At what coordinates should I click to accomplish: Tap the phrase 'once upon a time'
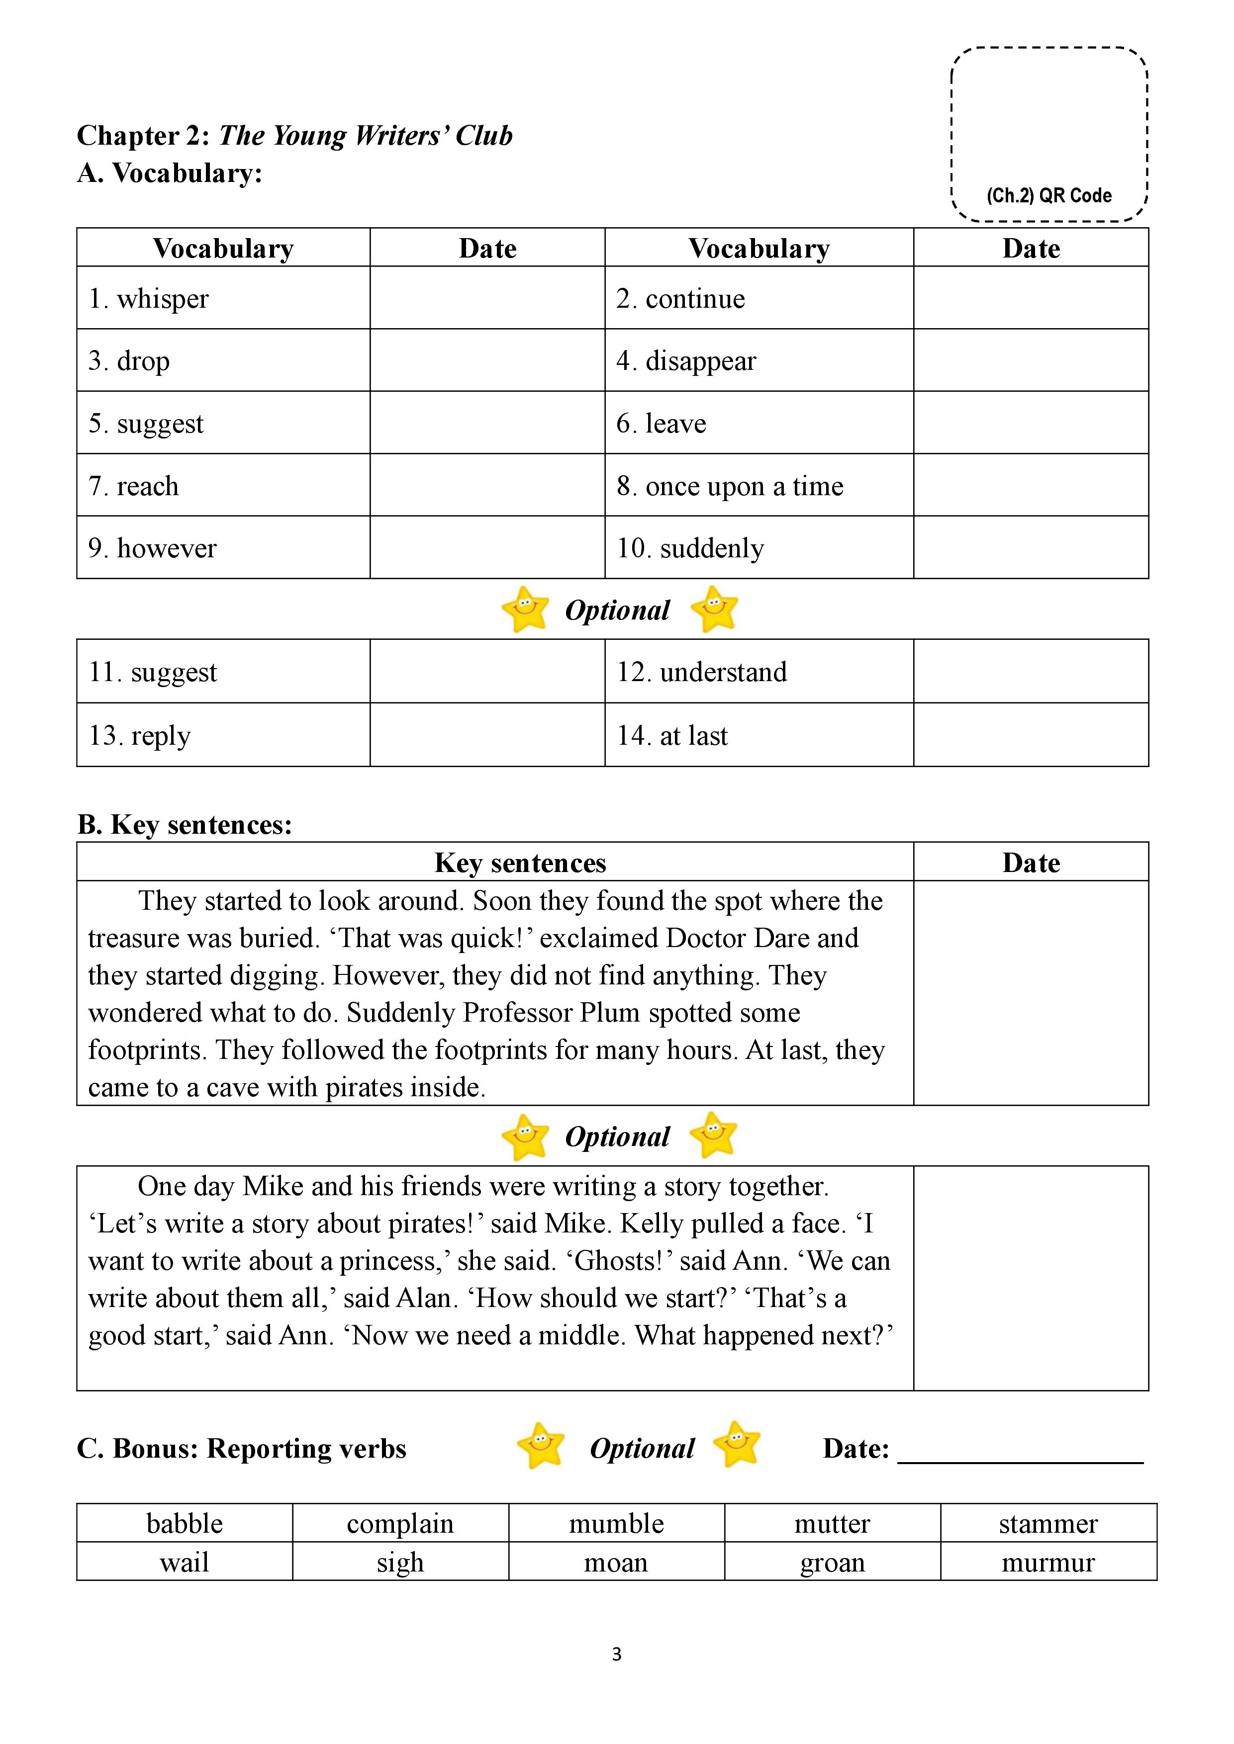tap(744, 486)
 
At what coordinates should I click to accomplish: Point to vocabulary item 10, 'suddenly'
tap(711, 548)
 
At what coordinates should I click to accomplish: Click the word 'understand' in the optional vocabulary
tap(723, 672)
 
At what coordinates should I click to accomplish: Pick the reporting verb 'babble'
tap(185, 1524)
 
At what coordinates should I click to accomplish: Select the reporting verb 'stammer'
tap(1048, 1524)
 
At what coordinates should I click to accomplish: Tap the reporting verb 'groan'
tap(832, 1563)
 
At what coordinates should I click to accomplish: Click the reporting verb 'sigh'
tap(400, 1563)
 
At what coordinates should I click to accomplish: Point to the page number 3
tap(616, 1654)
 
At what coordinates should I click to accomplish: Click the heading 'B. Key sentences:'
tap(185, 824)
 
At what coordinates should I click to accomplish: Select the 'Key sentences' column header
tap(520, 863)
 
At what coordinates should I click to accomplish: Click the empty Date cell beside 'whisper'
tap(487, 298)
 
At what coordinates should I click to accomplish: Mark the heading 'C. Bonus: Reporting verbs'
tap(242, 1449)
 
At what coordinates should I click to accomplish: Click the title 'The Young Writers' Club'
tap(366, 135)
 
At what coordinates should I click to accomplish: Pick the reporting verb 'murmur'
tap(1048, 1563)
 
